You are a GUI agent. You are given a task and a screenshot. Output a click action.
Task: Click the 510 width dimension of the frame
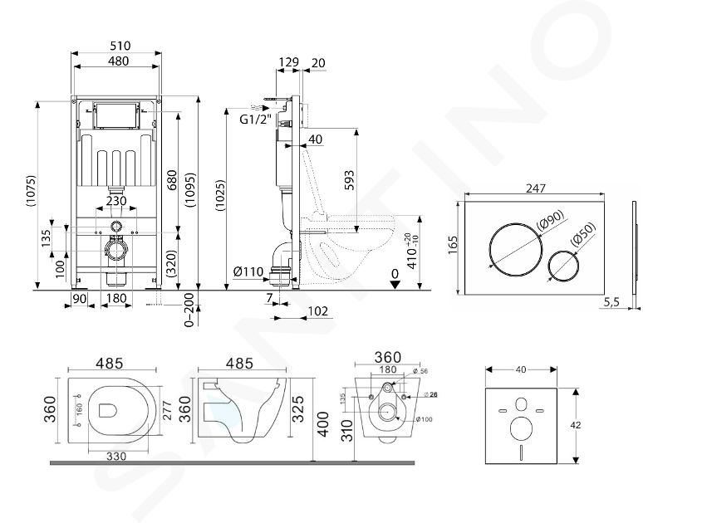[116, 46]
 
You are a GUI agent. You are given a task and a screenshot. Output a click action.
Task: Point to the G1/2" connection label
[255, 119]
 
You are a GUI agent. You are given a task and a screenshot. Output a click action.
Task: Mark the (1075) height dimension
[31, 193]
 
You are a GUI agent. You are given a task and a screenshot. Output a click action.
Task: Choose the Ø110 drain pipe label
[248, 271]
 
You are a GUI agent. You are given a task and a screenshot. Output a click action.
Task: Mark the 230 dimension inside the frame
[116, 201]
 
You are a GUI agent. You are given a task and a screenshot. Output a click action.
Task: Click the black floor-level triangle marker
[395, 283]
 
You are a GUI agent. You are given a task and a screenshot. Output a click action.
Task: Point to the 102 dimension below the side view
[317, 311]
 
